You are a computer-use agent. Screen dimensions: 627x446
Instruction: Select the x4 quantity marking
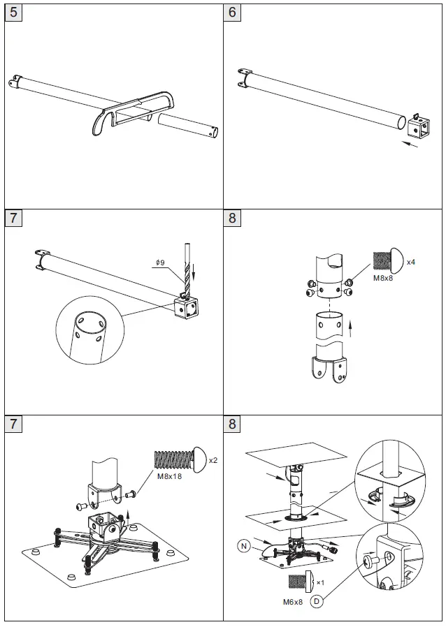(411, 262)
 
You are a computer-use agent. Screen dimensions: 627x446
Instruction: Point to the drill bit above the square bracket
(187, 269)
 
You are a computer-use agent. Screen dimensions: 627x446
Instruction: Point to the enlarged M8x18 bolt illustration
(178, 459)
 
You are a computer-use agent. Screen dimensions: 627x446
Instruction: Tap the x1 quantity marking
(320, 582)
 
